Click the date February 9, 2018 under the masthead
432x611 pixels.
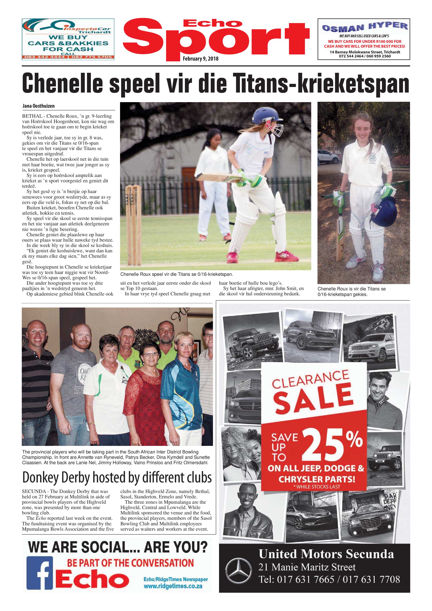pyautogui.click(x=200, y=59)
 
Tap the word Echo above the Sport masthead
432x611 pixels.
pyautogui.click(x=212, y=23)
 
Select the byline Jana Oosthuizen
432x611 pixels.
pyautogui.click(x=39, y=106)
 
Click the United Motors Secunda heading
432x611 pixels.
pyautogui.click(x=326, y=554)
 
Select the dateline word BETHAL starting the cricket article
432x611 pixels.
pyautogui.click(x=32, y=116)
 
